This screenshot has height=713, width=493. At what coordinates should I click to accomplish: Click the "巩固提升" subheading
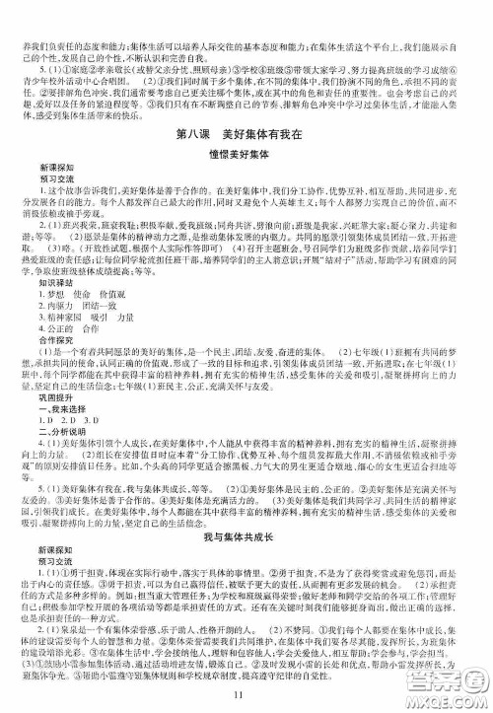pyautogui.click(x=38, y=395)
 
